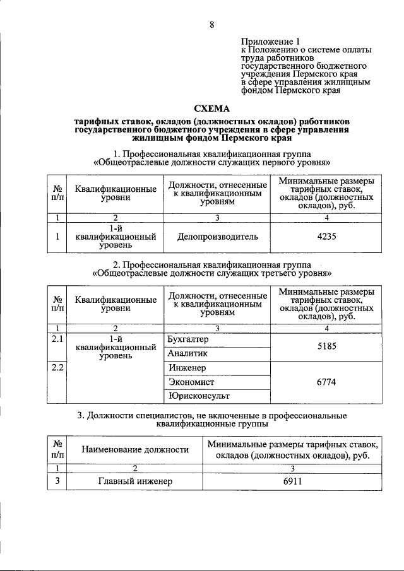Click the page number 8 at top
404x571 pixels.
point(211,25)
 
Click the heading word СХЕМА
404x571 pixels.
point(211,108)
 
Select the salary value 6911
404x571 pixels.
point(292,481)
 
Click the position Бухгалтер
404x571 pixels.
point(188,339)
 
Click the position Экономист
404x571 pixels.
point(191,382)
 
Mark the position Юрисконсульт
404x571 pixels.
point(198,396)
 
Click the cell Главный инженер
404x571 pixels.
point(135,481)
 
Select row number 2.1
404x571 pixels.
point(57,339)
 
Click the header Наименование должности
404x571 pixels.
point(135,449)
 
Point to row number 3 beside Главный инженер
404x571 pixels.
point(57,481)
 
